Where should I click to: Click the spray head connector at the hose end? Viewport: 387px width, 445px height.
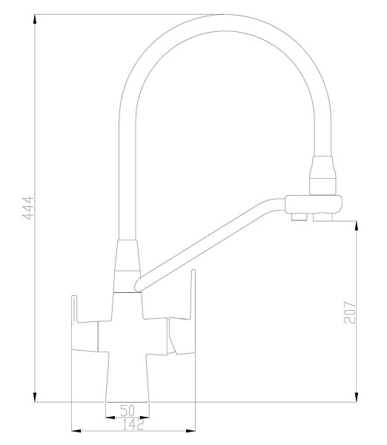click(324, 174)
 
